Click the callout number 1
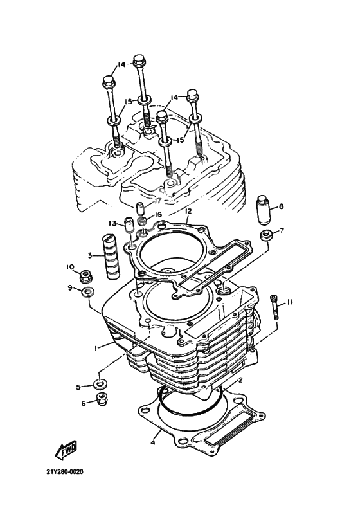(94, 348)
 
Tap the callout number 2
(240, 380)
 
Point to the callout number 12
(188, 210)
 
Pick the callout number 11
(290, 302)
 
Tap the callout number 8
(281, 206)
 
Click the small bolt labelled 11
(275, 307)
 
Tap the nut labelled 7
(265, 234)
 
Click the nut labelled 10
(85, 277)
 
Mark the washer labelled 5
(99, 385)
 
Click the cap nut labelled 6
(100, 401)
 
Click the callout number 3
(91, 255)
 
